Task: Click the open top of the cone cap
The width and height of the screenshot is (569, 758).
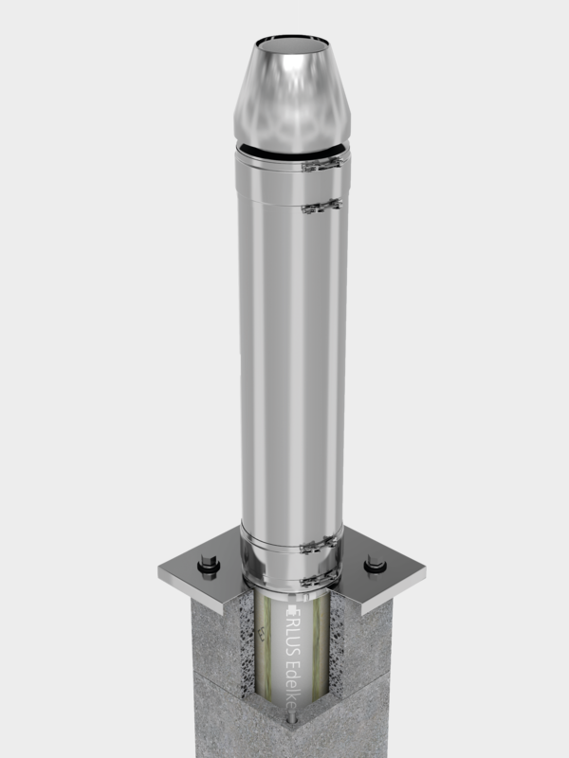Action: [x=292, y=44]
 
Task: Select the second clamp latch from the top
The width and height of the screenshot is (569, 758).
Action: [x=321, y=206]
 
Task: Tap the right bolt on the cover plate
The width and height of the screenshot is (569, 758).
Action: [x=376, y=566]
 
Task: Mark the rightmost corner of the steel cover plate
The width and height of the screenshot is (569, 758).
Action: [x=425, y=571]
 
